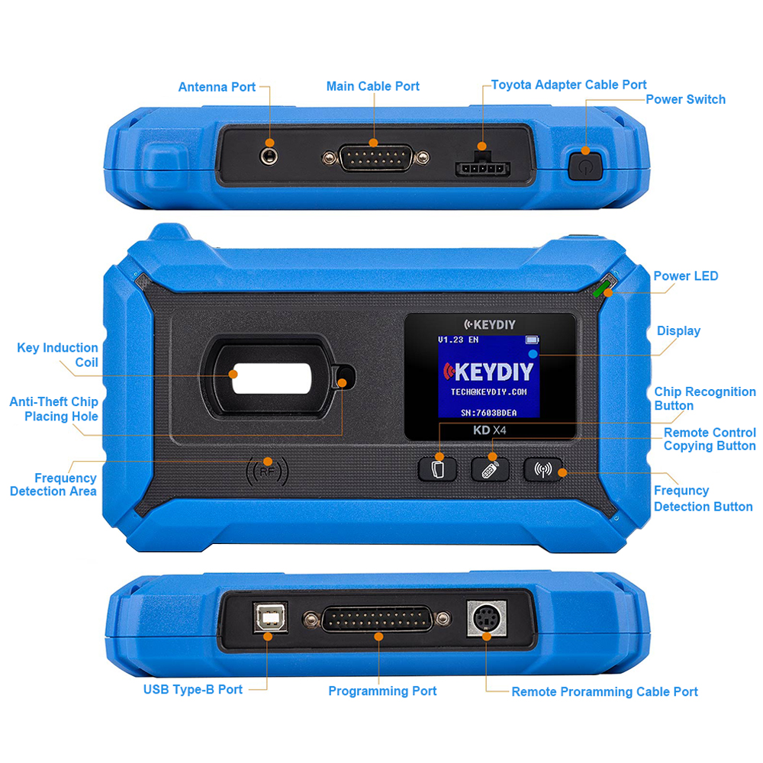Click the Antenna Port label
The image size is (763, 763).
(x=217, y=87)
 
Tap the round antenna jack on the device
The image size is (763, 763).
(x=269, y=156)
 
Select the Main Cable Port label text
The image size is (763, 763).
(x=373, y=86)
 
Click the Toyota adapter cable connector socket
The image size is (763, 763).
(x=481, y=166)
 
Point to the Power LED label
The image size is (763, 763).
(x=686, y=276)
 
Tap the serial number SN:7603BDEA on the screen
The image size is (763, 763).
(x=488, y=413)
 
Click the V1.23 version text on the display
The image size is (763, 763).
(x=451, y=340)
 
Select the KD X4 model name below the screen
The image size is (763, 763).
(x=490, y=430)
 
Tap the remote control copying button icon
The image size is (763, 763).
(x=490, y=469)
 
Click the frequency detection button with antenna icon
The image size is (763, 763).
(x=543, y=469)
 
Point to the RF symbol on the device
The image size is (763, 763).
(x=267, y=472)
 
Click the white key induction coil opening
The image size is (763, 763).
(x=272, y=378)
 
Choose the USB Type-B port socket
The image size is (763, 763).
(x=270, y=617)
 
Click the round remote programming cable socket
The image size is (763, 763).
(x=487, y=619)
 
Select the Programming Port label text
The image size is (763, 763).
(x=382, y=691)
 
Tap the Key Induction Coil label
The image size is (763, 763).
(x=57, y=355)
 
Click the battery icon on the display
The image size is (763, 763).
(x=532, y=340)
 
